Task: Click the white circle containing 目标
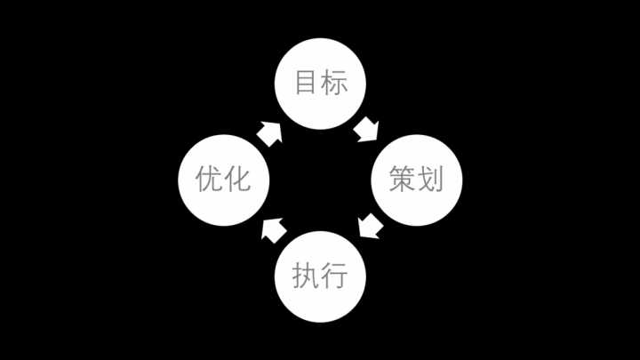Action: (320, 84)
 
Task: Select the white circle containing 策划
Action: (417, 180)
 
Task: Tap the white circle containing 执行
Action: (320, 276)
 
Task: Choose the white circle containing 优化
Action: (224, 180)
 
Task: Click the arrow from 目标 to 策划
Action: (366, 130)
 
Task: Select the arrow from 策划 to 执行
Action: (370, 225)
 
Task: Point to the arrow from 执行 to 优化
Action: (274, 230)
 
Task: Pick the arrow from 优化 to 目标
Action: (270, 134)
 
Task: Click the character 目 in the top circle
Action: (305, 83)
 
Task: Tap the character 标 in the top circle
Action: (334, 83)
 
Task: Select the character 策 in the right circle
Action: (403, 179)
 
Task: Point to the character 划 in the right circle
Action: (431, 179)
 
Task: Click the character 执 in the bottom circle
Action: (306, 275)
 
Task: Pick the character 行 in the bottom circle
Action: (334, 275)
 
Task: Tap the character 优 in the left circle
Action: (209, 179)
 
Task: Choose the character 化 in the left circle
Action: (238, 179)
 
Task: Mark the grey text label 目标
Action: (322, 83)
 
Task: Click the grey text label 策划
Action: (416, 179)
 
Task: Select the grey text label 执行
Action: (320, 275)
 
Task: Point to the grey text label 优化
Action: (223, 179)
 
